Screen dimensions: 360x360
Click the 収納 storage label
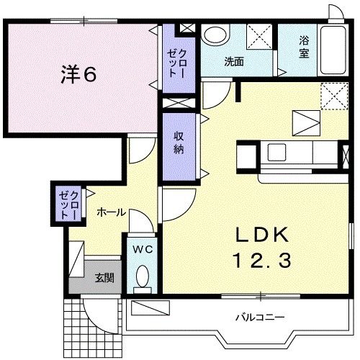[x=177, y=140]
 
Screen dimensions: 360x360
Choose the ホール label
[x=111, y=212]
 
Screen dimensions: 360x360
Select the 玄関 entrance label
[x=104, y=279]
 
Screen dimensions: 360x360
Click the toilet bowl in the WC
[x=142, y=277]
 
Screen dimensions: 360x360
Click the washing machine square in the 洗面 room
[x=258, y=36]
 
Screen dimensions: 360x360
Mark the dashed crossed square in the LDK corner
[x=333, y=94]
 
